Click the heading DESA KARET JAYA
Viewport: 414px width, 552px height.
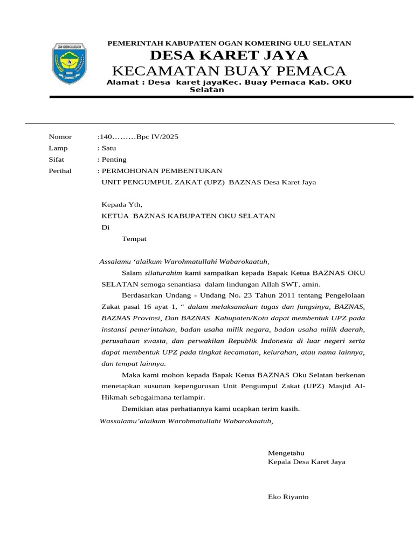229,56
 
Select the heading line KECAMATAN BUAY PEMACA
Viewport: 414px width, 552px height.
229,71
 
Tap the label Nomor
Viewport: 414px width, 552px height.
60,137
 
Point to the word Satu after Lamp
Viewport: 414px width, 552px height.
107,148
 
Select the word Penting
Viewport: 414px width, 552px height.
113,160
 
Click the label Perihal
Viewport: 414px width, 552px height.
60,171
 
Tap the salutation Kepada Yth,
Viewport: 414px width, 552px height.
122,205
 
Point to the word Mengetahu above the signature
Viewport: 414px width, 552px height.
286,453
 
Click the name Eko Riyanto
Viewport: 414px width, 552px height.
288,496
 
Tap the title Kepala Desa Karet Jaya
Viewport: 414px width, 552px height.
306,462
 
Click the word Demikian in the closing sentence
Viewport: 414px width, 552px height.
138,409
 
